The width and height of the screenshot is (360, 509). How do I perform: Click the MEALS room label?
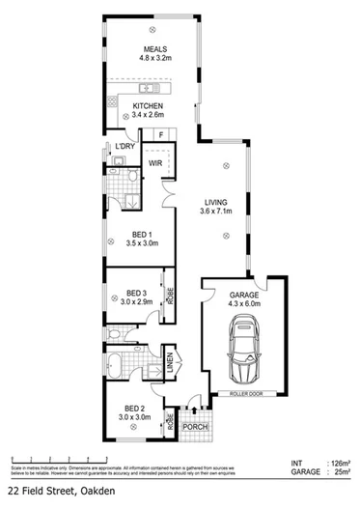(155, 49)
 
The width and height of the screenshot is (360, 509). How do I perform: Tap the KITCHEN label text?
(148, 106)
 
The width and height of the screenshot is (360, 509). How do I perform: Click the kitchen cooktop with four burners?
(113, 101)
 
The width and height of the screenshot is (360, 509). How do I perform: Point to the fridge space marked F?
(160, 135)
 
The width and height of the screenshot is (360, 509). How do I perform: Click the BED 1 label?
(140, 235)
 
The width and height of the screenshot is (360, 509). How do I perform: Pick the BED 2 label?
(131, 409)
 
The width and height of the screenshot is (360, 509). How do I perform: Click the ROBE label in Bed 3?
(170, 297)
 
